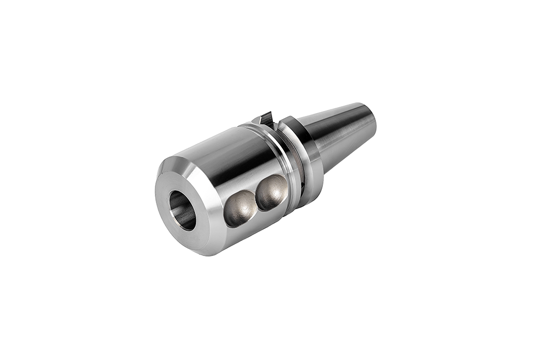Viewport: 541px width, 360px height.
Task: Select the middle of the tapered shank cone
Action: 338,135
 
